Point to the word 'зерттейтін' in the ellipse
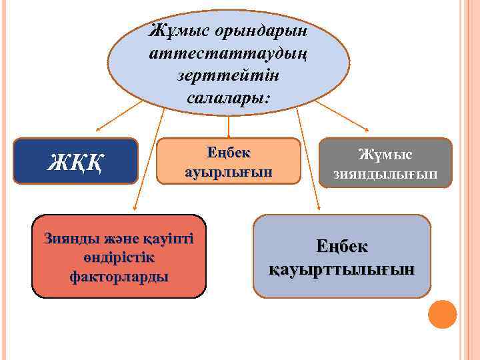pyautogui.click(x=229, y=75)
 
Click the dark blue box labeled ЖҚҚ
pyautogui.click(x=75, y=161)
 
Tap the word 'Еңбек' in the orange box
pyautogui.click(x=229, y=152)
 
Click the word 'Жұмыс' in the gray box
pyautogui.click(x=385, y=155)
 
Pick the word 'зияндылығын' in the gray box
pyautogui.click(x=385, y=174)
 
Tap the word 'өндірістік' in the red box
pyautogui.click(x=119, y=257)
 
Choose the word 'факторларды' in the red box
pyautogui.click(x=119, y=275)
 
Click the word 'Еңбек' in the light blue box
pyautogui.click(x=341, y=246)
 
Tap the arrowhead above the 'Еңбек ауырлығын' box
pyautogui.click(x=229, y=135)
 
